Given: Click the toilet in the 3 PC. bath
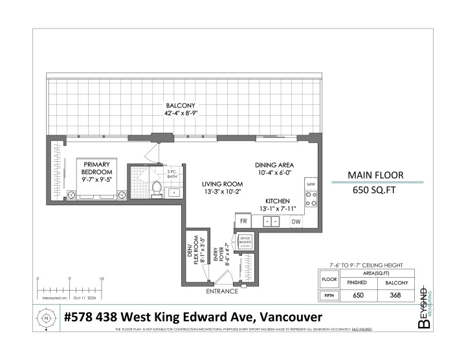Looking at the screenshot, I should point(155,188).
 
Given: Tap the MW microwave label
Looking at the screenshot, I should point(311,185).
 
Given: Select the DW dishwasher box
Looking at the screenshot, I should point(296,222).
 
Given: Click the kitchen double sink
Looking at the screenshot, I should point(271,222).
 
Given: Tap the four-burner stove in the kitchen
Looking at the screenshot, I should point(311,199).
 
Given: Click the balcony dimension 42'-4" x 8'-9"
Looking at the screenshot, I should point(180,113).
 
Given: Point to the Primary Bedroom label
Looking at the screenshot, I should point(96,168).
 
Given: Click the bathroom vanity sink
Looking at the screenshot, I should point(173,192).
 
